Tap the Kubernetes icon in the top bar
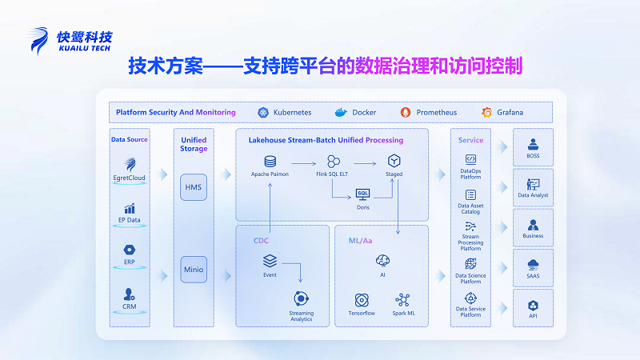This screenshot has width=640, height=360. [262, 112]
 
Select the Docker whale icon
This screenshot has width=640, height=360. [341, 112]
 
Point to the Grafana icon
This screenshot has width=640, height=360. [486, 112]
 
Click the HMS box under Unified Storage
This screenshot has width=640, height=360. [194, 187]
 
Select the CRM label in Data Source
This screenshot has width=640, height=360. [129, 306]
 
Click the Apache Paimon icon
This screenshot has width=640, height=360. [270, 161]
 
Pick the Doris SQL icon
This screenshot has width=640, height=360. [362, 194]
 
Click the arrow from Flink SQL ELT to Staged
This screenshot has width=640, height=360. [365, 161]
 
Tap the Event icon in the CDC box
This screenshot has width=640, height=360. [270, 261]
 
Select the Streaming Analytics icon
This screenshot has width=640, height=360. [302, 299]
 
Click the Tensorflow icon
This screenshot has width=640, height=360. [362, 300]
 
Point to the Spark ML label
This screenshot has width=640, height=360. [402, 313]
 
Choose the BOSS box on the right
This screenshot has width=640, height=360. [533, 147]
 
